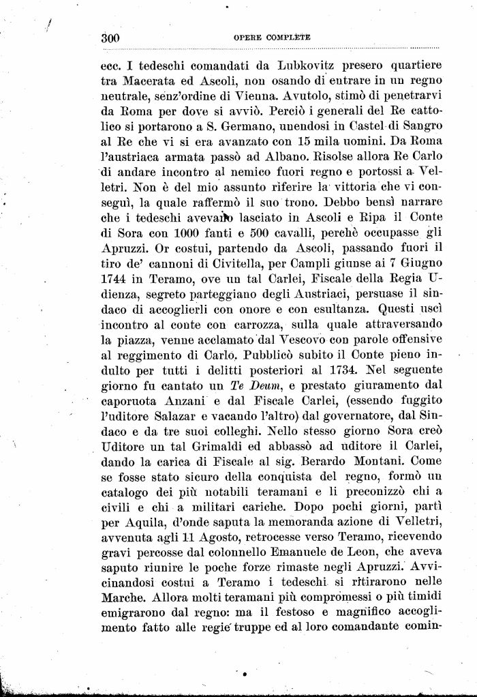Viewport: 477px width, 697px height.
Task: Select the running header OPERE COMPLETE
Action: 271,38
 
